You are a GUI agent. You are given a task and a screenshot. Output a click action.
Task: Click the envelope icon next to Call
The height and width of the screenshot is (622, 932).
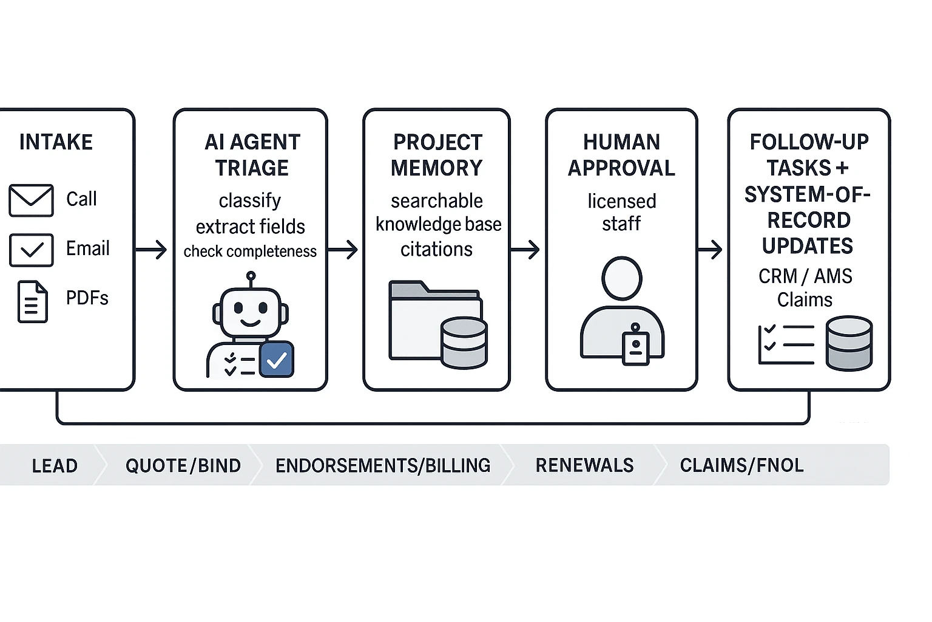pos(31,200)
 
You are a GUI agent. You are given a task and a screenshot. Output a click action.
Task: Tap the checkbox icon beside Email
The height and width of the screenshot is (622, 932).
pos(31,250)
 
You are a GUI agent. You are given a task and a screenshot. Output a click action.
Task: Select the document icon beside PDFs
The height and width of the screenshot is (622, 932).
pos(32,301)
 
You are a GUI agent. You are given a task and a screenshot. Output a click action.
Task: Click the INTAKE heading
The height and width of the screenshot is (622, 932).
pos(56,142)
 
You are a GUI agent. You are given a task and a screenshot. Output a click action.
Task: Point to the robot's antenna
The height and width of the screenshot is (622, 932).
pos(250,279)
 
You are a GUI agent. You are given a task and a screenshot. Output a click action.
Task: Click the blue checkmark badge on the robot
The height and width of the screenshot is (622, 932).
pos(277,360)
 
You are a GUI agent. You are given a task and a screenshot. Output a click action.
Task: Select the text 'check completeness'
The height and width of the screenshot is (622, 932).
pos(250,251)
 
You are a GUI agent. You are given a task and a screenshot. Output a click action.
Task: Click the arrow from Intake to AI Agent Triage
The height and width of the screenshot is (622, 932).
pos(151,250)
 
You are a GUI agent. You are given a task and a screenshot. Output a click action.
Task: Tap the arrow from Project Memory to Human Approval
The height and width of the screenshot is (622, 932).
pos(525,250)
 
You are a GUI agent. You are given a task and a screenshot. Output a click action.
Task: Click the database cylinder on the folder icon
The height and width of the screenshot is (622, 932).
pos(464,343)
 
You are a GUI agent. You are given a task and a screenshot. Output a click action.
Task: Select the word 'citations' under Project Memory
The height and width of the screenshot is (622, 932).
pos(436,249)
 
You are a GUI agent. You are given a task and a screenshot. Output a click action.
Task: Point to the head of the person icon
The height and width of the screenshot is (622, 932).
pos(621,278)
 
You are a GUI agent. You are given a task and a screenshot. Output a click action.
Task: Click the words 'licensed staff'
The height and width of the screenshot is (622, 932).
pos(621,212)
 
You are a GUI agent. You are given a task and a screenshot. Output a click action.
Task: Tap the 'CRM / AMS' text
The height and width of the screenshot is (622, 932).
pos(805,276)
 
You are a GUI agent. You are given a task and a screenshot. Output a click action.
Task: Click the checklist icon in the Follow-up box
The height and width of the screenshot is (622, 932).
pos(786,344)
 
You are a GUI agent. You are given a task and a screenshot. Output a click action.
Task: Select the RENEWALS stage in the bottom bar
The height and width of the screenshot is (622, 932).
pos(584,465)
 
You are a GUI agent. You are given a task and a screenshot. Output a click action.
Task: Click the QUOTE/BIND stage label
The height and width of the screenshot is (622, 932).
pos(183,466)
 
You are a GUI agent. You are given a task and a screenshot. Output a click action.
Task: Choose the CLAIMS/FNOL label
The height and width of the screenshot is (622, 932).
pos(741,465)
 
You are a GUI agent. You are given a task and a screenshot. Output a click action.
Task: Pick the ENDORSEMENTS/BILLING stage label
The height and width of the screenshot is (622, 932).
pos(383,466)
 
